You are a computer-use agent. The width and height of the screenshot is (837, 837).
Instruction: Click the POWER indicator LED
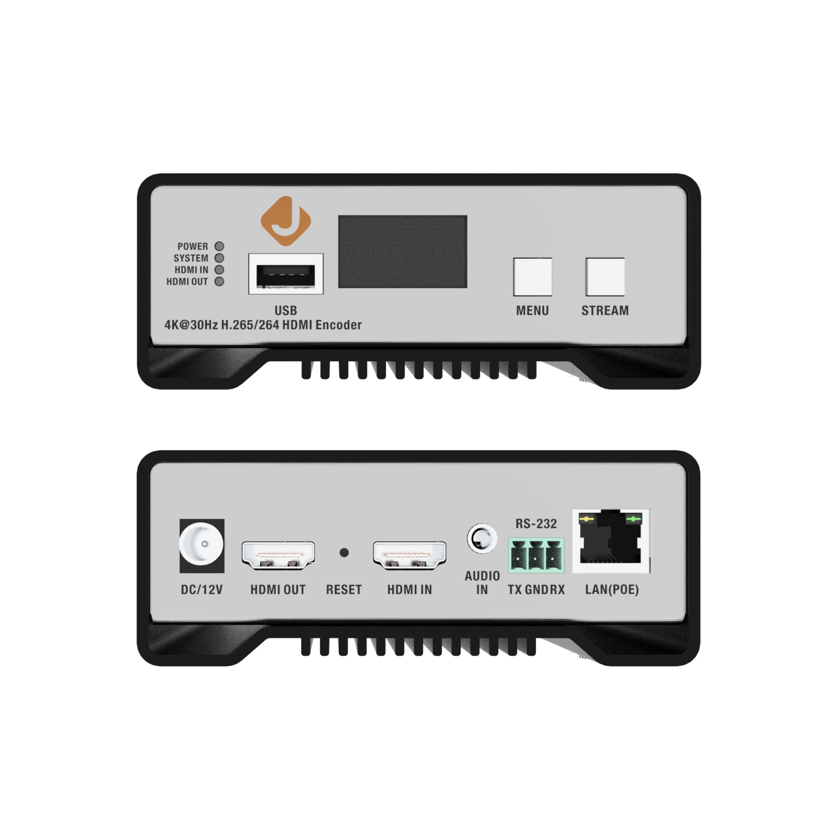(220, 246)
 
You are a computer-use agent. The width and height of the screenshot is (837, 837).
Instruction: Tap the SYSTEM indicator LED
(220, 258)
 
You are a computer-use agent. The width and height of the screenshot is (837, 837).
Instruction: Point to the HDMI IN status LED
(220, 270)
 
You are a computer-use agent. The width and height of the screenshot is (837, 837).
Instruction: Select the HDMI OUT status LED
(220, 281)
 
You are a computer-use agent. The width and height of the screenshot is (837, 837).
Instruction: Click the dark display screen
(403, 251)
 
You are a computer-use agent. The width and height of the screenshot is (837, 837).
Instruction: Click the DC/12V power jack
(202, 545)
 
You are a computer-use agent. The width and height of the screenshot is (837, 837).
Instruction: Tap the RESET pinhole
(344, 552)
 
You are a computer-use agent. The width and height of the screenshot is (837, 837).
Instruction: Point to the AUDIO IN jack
(481, 539)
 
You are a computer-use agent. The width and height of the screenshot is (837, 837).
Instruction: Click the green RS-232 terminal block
(536, 555)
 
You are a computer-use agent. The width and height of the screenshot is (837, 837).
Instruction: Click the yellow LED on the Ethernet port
(587, 519)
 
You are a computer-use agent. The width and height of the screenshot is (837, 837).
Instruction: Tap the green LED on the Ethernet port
(633, 519)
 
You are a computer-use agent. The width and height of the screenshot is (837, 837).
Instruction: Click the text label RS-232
(536, 524)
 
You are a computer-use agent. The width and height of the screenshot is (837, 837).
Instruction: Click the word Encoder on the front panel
(338, 325)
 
